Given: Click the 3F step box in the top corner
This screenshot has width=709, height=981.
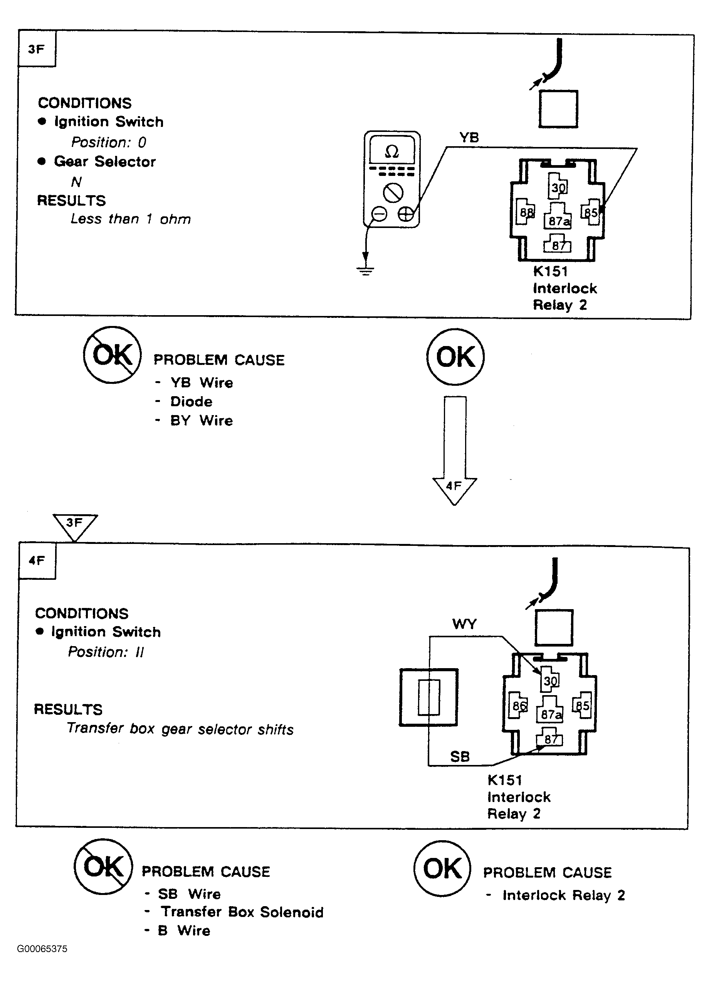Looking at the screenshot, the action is [37, 49].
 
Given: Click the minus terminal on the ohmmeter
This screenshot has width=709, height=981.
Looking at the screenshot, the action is [379, 214].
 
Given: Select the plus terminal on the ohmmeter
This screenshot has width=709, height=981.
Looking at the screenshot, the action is [406, 214].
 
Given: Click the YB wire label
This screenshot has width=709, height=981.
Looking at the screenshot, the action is [469, 138].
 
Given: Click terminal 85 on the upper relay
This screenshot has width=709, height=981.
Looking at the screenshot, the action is [591, 212].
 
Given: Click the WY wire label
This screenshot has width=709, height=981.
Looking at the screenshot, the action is [464, 624].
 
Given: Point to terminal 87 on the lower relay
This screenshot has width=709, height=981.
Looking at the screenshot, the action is [550, 738].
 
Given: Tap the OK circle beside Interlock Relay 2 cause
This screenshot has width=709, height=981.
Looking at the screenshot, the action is [442, 868].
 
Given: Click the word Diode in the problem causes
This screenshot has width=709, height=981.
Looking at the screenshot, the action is [192, 402].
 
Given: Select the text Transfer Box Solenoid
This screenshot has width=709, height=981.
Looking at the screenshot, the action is [242, 912].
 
